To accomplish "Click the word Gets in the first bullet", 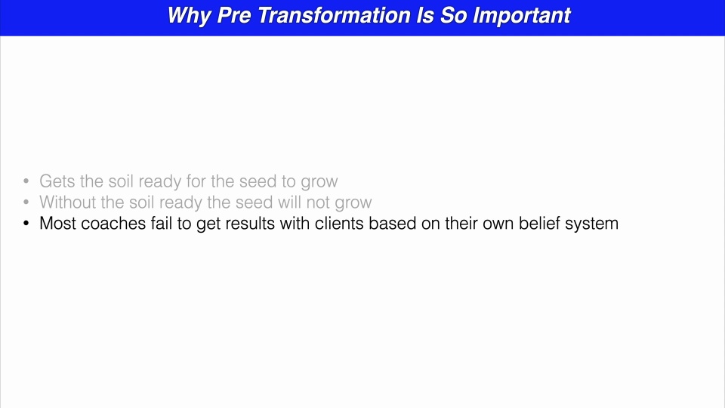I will (x=57, y=181).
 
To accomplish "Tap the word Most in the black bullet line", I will (x=57, y=224).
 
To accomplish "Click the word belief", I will (x=539, y=224).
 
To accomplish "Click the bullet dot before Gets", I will (x=26, y=182).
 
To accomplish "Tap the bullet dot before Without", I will (x=26, y=203).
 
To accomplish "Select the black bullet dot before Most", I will (x=26, y=224).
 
